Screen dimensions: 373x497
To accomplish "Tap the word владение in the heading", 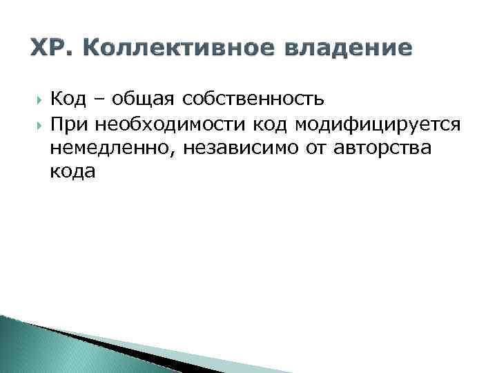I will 351,48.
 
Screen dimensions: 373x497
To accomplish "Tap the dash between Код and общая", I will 99,100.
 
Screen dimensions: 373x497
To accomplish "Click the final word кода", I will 72,173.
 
